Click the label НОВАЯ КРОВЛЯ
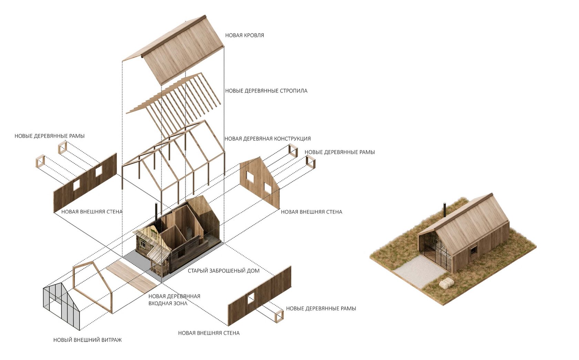click(x=244, y=35)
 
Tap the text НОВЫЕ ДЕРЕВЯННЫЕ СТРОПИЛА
click(x=266, y=91)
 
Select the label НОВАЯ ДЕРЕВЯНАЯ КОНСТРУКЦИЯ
click(x=267, y=139)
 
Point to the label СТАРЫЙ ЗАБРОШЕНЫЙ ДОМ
click(x=223, y=271)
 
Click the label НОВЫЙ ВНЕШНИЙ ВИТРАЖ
click(x=87, y=340)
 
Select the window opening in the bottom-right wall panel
click(x=251, y=298)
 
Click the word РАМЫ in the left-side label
click(x=77, y=136)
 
